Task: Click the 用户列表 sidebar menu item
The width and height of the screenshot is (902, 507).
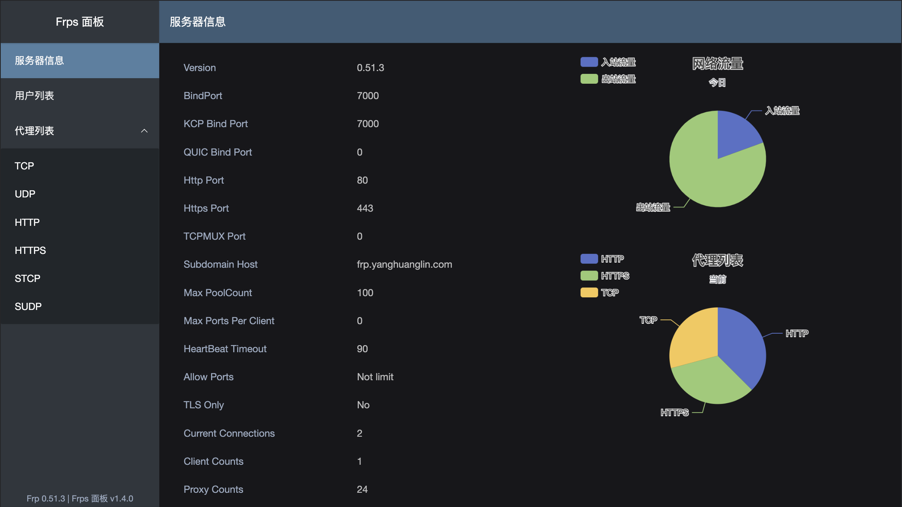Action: [x=34, y=96]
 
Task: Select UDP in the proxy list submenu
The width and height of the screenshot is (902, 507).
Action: [x=25, y=194]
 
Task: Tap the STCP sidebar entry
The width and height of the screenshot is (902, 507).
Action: [x=27, y=278]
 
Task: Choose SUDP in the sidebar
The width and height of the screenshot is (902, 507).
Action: [x=28, y=306]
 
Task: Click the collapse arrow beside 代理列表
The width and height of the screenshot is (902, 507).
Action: [x=144, y=131]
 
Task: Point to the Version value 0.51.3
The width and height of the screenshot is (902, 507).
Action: [x=370, y=68]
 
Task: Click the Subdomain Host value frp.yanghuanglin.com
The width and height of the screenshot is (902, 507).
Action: [x=404, y=264]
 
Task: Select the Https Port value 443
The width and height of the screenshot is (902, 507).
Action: [x=365, y=208]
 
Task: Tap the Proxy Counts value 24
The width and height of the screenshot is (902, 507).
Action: [x=362, y=489]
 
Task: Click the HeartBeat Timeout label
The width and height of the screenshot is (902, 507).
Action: [x=225, y=349]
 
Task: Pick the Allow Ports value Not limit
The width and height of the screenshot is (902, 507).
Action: [x=375, y=377]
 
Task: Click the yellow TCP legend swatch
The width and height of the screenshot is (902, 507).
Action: [x=589, y=293]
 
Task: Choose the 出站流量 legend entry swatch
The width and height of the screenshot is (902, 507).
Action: [x=589, y=79]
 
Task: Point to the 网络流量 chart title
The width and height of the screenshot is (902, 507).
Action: [x=717, y=64]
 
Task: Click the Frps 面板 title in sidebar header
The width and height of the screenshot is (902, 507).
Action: [x=80, y=22]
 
